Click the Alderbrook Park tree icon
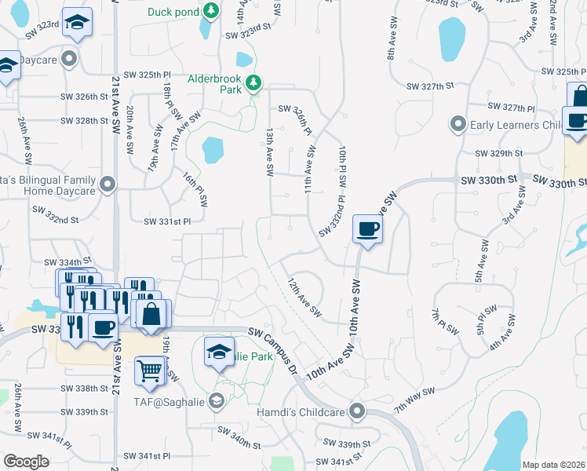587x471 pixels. (x=253, y=82)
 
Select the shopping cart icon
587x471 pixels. (x=150, y=370)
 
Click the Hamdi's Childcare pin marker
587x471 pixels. (x=358, y=411)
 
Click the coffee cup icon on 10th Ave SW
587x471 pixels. (x=366, y=229)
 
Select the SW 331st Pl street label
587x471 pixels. (x=167, y=222)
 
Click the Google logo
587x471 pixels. (x=26, y=462)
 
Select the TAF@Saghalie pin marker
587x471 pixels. (x=217, y=402)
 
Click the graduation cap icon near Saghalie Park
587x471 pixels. (x=219, y=352)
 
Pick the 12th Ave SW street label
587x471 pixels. (x=304, y=297)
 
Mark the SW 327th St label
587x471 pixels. (x=426, y=86)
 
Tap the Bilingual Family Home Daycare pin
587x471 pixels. (x=108, y=185)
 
